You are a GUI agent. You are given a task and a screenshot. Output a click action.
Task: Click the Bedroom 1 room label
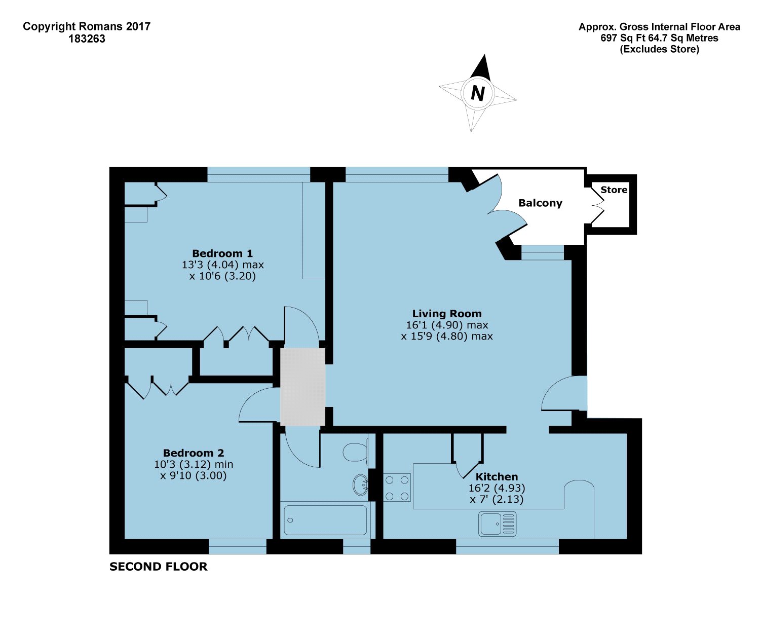pos(222,253)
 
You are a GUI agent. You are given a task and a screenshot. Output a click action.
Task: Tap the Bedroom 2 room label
pos(194,453)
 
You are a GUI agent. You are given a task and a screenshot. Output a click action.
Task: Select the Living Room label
pos(446,314)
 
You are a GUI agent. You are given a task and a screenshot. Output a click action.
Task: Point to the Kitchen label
pos(497,476)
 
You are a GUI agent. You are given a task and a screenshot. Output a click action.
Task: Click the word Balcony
pos(540,203)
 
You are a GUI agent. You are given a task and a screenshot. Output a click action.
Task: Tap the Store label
pos(614,190)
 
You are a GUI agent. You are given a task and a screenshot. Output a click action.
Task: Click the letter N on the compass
pos(477,93)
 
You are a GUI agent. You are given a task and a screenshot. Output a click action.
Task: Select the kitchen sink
pos(497,524)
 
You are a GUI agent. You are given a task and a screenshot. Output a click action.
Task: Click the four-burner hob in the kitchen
pos(397,487)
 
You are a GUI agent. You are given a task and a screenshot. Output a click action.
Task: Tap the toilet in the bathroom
pos(356,452)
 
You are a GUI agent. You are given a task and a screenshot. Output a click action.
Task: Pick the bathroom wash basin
pos(360,484)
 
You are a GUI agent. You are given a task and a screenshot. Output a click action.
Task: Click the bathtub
pos(325,519)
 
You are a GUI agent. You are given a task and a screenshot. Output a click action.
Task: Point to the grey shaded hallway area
pos(303,386)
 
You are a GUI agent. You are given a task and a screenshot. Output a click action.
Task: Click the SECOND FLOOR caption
pos(158,567)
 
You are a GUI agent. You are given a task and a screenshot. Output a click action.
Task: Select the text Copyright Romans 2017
pos(87,27)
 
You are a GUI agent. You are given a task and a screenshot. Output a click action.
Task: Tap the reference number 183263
pos(87,39)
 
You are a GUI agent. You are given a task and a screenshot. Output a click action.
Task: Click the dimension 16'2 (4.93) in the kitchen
pos(497,488)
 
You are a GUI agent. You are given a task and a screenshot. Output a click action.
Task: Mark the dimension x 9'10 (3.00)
pos(194,475)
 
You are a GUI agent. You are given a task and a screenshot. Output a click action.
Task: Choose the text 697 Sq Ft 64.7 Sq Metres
pos(659,38)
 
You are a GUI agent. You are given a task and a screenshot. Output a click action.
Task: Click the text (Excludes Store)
pos(659,49)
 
